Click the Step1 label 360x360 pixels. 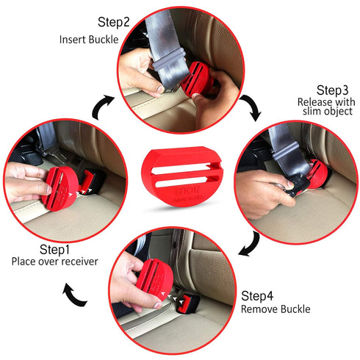(39, 248)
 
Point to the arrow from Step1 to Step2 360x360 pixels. (101, 108)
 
